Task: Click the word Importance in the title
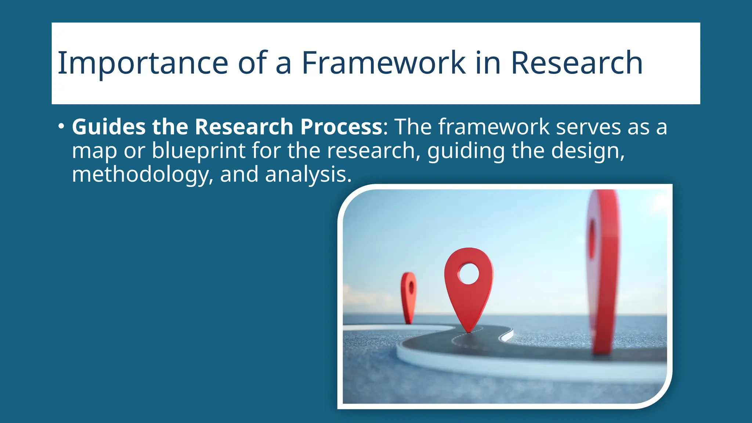pos(143,63)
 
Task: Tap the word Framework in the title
pos(384,63)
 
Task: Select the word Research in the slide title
pos(576,63)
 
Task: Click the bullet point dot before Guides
pos(61,127)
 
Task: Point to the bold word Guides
pos(109,127)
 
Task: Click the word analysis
pos(308,175)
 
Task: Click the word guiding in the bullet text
pos(466,151)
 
